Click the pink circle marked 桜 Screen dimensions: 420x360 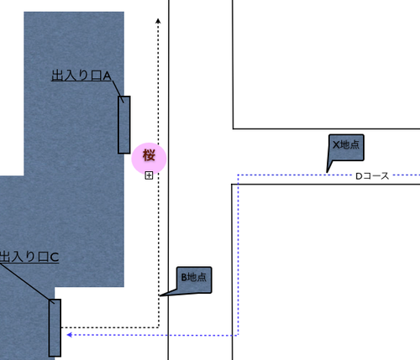[149, 159]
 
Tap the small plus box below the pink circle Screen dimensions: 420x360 [149, 175]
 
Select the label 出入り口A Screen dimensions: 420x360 [81, 76]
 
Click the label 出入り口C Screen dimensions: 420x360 [29, 257]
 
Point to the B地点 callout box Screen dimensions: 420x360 [194, 279]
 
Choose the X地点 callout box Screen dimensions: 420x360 [346, 148]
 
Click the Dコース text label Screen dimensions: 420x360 [372, 176]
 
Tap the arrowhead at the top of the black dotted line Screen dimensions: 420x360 [158, 21]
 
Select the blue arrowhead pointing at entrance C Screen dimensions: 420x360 [70, 335]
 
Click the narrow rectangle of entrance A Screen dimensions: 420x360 [124, 125]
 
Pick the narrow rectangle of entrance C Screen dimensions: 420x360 [55, 328]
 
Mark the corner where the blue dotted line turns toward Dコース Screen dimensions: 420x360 [238, 175]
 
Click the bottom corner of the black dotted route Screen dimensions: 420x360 [159, 327]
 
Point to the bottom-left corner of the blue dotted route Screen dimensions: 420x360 [238, 335]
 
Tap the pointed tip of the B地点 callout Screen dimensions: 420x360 [160, 295]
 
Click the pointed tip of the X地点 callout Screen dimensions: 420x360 [327, 172]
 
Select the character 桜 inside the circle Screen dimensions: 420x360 [149, 155]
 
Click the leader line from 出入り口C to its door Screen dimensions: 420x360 [27, 284]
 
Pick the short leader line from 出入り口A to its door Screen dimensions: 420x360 [118, 91]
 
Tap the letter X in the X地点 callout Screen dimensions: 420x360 [336, 145]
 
